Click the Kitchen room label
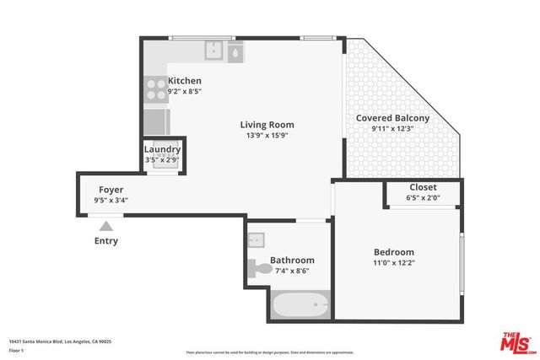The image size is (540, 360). point(184,81)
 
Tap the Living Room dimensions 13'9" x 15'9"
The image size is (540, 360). point(270,135)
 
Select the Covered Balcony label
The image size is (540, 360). point(392,118)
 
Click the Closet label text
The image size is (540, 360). point(423,187)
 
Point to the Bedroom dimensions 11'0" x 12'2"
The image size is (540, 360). point(394,263)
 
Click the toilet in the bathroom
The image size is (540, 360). point(263,269)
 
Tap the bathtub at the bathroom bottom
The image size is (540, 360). point(300,304)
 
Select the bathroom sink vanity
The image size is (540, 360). point(257,240)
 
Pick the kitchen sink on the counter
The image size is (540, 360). point(215,51)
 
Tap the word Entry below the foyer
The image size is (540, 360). point(105,241)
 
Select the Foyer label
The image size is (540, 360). point(111,190)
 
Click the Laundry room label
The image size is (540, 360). point(162,149)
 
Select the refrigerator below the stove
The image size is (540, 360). point(156,121)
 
